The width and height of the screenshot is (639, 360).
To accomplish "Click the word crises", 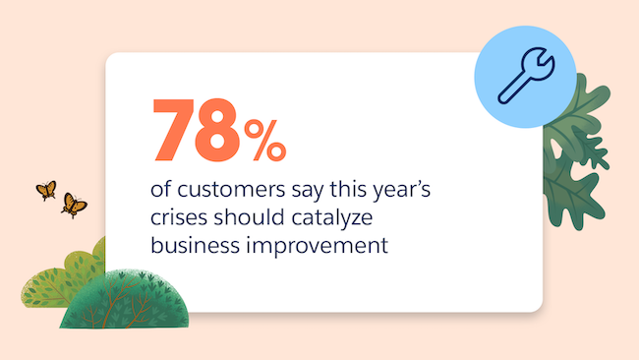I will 177,214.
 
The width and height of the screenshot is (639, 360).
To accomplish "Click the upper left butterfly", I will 45,189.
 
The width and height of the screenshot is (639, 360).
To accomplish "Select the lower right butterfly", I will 73,205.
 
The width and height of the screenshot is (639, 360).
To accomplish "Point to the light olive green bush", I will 54,280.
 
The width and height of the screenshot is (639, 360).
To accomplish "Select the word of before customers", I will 160,187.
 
